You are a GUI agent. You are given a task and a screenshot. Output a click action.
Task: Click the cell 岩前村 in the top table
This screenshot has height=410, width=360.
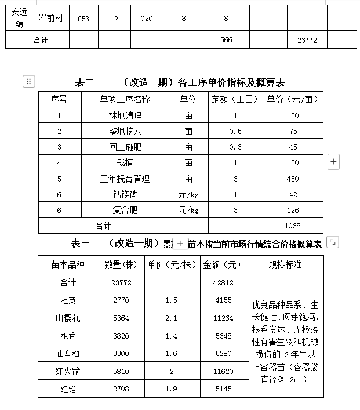[x=52, y=19]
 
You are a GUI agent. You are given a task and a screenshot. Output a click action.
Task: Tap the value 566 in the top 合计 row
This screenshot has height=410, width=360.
[x=226, y=41]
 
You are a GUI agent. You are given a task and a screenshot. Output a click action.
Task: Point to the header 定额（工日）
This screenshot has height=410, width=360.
[x=235, y=99]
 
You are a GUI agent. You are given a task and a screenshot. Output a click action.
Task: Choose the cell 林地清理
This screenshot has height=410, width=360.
[x=125, y=115]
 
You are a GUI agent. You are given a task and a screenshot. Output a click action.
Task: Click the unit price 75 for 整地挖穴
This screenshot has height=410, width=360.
[x=293, y=132]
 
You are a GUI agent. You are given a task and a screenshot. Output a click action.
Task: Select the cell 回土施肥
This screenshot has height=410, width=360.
[x=125, y=147]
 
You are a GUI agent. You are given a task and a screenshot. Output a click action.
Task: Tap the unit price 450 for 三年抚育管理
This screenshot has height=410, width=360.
[x=293, y=179]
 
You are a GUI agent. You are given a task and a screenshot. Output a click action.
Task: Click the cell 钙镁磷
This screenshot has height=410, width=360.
[x=125, y=195]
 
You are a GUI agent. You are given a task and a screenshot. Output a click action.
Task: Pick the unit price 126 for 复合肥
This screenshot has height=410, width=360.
[x=293, y=210]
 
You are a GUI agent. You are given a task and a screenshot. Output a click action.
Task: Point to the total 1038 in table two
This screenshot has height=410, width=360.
[x=293, y=226]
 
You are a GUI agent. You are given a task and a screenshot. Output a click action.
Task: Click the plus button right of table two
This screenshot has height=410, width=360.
[x=333, y=162]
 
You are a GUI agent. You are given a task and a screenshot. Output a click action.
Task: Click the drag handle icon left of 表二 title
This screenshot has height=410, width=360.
[x=29, y=82]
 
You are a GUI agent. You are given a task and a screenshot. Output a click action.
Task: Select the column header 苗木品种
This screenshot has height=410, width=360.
[x=69, y=264]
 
